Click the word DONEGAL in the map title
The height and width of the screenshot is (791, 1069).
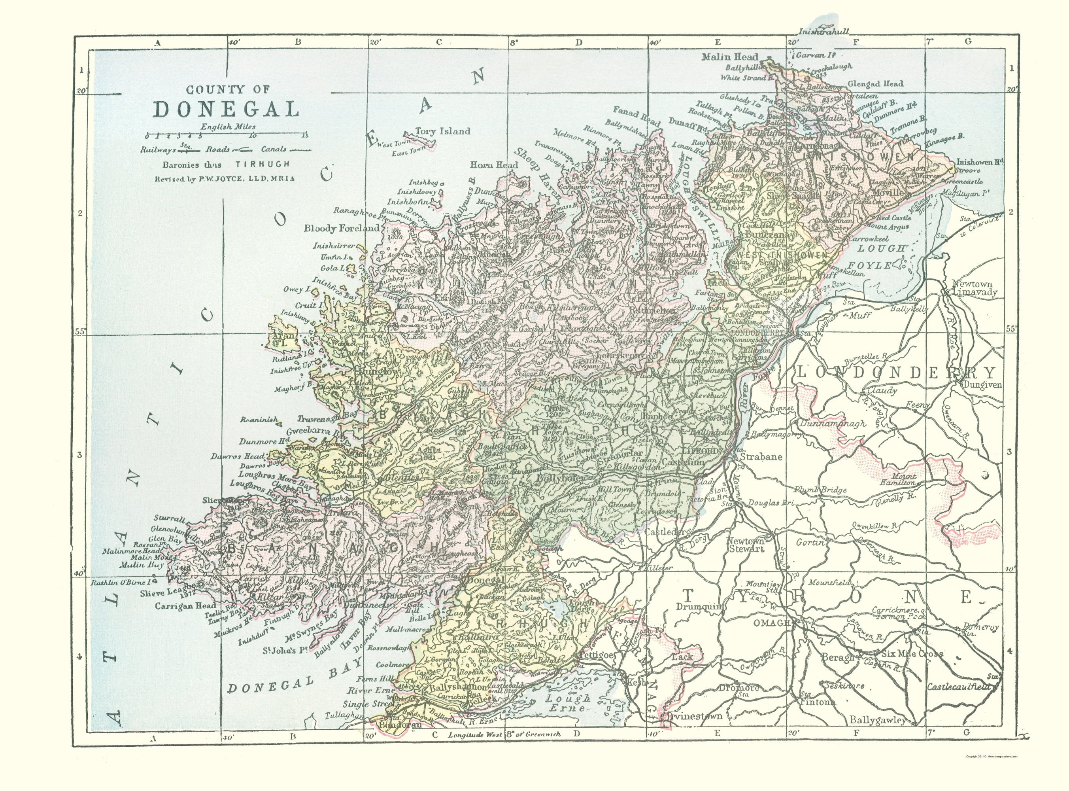[227, 109]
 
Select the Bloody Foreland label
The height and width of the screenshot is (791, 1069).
[342, 228]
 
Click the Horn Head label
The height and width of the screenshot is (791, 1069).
[494, 165]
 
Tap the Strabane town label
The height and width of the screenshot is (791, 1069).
[761, 456]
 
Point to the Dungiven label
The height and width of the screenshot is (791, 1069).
[981, 384]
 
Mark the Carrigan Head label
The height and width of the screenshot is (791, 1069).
[178, 605]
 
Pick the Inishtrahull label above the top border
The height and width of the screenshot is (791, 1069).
[823, 32]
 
